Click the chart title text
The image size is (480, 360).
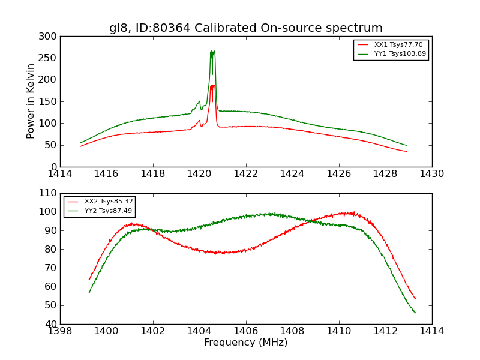click(245, 28)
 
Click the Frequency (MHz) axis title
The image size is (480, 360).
click(245, 343)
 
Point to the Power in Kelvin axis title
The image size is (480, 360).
click(31, 101)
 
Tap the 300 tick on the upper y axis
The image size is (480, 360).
click(50, 37)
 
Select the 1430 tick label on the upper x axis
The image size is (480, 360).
click(431, 174)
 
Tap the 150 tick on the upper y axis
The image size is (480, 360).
click(50, 102)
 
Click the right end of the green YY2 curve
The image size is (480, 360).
click(415, 313)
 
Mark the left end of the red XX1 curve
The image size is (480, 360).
click(80, 146)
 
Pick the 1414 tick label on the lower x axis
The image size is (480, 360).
click(431, 331)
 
